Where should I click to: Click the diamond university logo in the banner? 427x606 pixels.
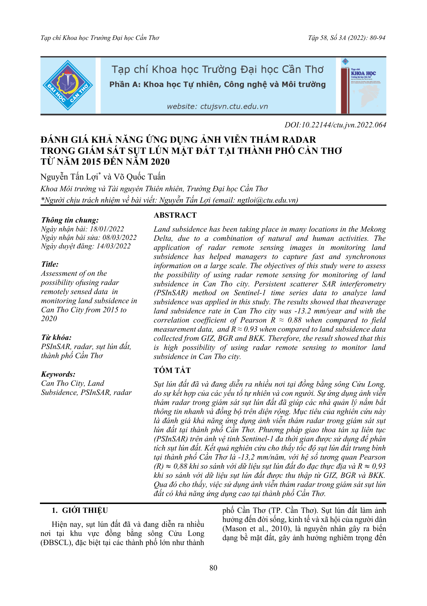(68, 85)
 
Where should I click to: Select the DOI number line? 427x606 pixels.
(335, 125)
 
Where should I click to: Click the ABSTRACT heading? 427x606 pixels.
(175, 215)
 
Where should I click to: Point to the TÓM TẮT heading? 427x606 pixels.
(172, 370)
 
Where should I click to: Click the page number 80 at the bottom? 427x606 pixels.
(213, 568)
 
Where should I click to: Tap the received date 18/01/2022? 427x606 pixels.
(107, 229)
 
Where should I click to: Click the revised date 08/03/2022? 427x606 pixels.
(120, 237)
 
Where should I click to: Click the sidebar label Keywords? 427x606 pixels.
(58, 374)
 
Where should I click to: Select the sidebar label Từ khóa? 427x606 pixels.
(56, 338)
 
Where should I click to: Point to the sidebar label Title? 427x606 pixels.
(50, 264)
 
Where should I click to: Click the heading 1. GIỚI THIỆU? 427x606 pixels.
(80, 510)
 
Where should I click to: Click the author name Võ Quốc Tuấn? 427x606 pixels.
(139, 177)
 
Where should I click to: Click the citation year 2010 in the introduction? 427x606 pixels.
(281, 529)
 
